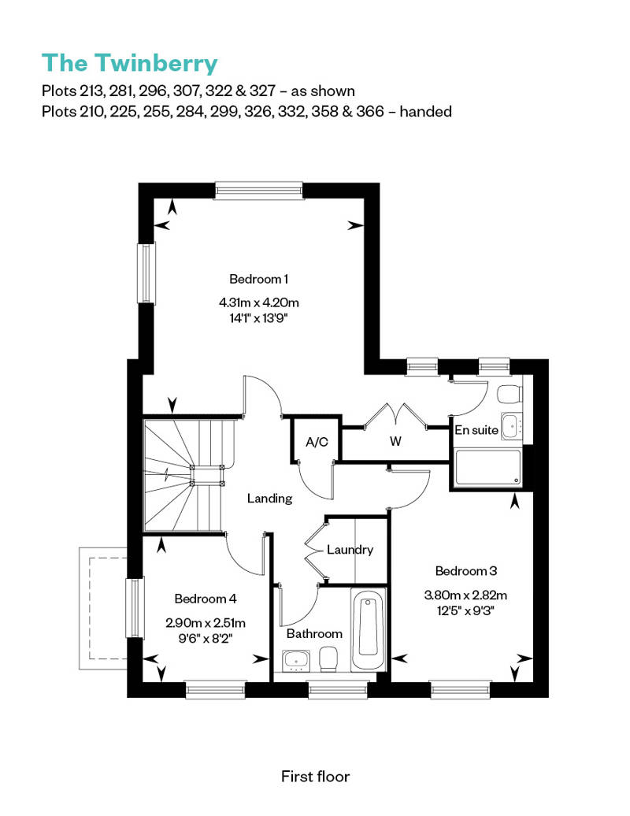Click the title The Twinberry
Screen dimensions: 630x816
pyautogui.click(x=129, y=63)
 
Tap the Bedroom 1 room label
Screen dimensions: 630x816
pyautogui.click(x=258, y=279)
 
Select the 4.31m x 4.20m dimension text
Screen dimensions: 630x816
pyautogui.click(x=258, y=302)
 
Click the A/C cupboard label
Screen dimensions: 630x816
pyautogui.click(x=317, y=442)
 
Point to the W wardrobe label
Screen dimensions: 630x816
pyautogui.click(x=395, y=441)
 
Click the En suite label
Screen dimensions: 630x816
pyautogui.click(x=476, y=430)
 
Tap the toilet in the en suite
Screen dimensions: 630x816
pyautogui.click(x=510, y=394)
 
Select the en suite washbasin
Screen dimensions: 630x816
pyautogui.click(x=511, y=427)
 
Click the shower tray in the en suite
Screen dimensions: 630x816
pyautogui.click(x=487, y=468)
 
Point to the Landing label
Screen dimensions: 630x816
pyautogui.click(x=269, y=499)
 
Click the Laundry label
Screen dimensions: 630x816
pyautogui.click(x=350, y=550)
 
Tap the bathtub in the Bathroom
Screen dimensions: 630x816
pyautogui.click(x=369, y=629)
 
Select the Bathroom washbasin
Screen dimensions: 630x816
pyautogui.click(x=295, y=660)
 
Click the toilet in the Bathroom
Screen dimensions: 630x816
pyautogui.click(x=328, y=659)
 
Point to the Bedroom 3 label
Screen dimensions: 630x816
pyautogui.click(x=465, y=571)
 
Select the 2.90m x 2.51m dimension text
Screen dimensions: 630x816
pyautogui.click(x=206, y=622)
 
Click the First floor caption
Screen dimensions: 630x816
pyautogui.click(x=315, y=777)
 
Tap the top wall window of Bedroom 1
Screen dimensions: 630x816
pyautogui.click(x=258, y=190)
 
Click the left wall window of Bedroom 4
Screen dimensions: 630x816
pyautogui.click(x=135, y=608)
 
